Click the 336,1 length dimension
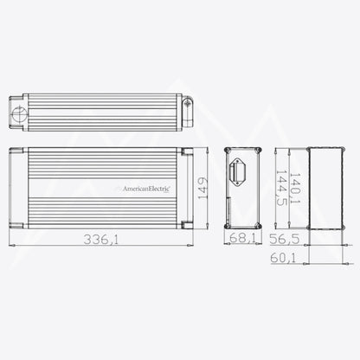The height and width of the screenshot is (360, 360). [x=100, y=240]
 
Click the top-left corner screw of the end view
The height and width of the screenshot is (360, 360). [x=229, y=153]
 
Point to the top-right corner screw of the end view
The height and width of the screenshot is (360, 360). [x=255, y=153]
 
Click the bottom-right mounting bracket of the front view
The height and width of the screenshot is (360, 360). [x=187, y=223]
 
